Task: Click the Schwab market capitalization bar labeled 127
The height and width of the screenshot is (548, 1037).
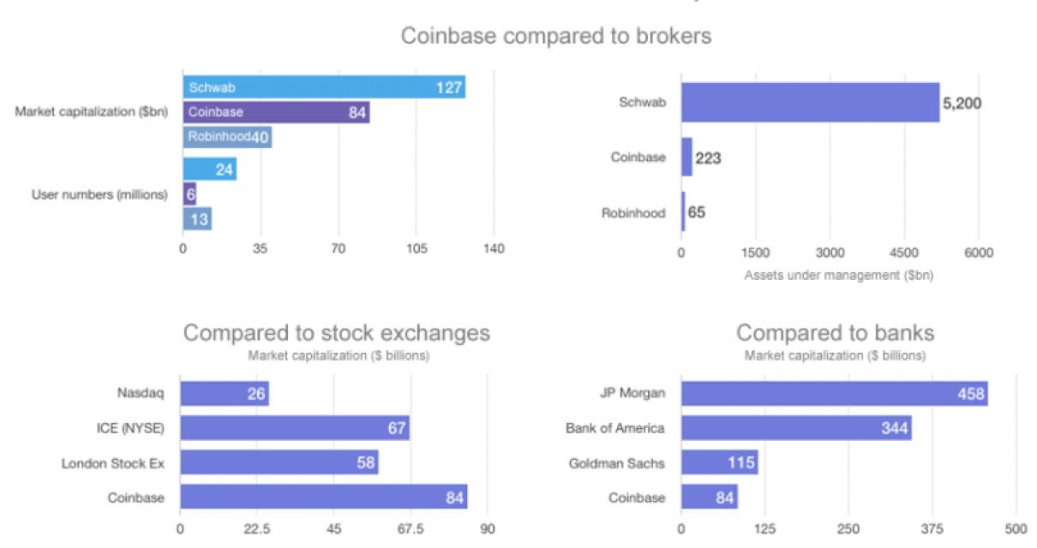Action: pos(324,86)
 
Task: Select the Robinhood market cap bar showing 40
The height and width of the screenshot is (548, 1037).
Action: pos(227,137)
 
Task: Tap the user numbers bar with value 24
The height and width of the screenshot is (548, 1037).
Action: pos(209,170)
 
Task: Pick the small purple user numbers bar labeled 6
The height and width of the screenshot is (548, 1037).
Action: pos(189,194)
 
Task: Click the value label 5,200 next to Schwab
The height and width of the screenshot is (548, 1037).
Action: pos(962,104)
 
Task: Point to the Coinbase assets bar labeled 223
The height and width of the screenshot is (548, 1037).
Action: pos(686,158)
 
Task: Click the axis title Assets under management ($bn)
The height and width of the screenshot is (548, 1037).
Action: pos(838,276)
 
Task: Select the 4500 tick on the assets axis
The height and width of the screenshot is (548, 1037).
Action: pos(904,253)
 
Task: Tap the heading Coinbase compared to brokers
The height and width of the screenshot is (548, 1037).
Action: pos(556,37)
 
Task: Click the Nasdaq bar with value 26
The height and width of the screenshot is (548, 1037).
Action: pos(225,394)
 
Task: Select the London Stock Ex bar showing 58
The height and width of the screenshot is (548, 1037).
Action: pos(279,463)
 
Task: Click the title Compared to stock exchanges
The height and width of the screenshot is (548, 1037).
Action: pos(337,333)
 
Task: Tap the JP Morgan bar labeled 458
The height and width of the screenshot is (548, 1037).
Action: pos(834,394)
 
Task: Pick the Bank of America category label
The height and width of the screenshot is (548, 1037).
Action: pos(614,428)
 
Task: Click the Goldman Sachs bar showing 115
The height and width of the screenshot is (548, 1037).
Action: pos(719,463)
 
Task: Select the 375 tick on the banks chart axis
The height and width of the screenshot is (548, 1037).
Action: pos(932,528)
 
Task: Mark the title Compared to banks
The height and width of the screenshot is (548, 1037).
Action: pos(835,333)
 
